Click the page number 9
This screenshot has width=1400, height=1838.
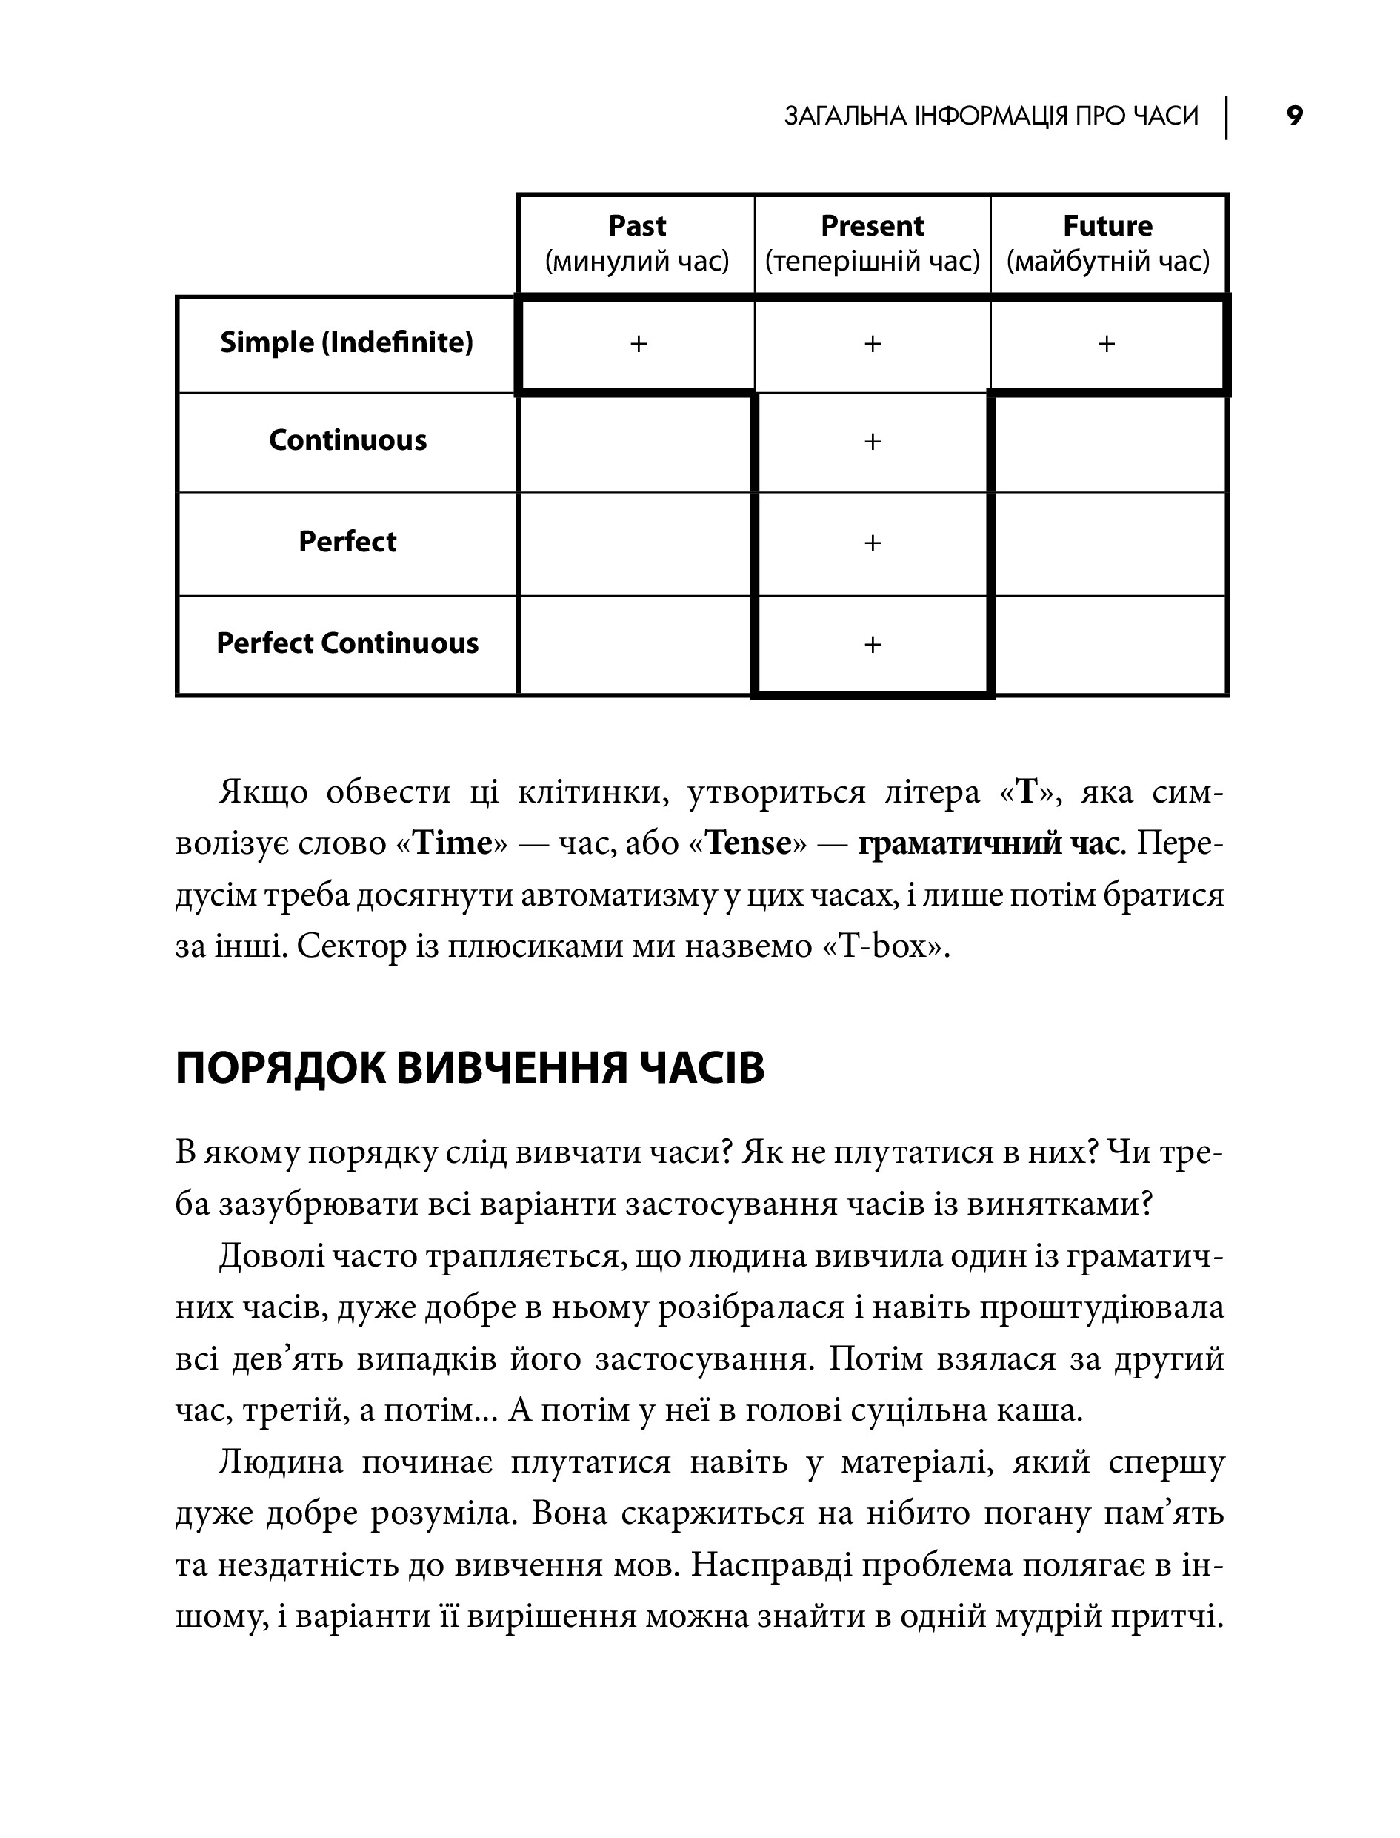(1294, 116)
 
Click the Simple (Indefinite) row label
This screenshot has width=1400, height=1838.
(347, 342)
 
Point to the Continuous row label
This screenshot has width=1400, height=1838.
(347, 440)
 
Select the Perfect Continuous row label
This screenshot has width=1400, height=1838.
(347, 643)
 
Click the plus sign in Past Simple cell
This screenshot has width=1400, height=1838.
(639, 343)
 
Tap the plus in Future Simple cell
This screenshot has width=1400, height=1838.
(1107, 343)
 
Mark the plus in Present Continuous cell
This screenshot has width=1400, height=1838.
(873, 441)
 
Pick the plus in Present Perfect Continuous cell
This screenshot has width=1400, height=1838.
(873, 644)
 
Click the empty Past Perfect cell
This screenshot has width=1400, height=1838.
(635, 543)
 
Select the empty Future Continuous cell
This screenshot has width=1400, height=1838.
(1110, 442)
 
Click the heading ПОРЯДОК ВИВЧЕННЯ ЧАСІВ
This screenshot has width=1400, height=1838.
(470, 1069)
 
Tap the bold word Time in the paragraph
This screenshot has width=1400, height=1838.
(453, 843)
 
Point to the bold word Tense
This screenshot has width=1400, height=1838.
(748, 843)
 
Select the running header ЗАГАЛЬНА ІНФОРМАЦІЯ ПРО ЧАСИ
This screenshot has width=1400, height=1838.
(991, 116)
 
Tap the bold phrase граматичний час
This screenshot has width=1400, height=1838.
(987, 843)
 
